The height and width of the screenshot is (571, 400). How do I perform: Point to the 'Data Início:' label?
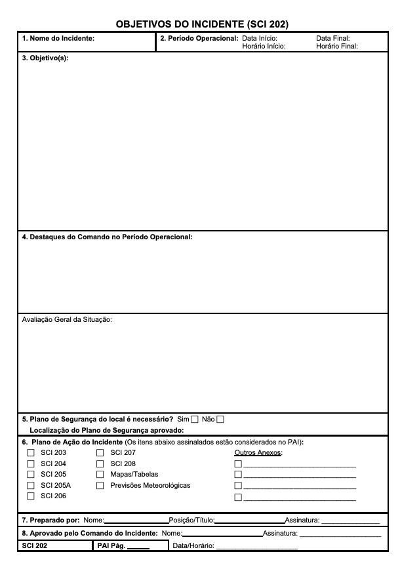point(260,39)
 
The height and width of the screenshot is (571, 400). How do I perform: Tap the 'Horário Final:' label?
point(336,47)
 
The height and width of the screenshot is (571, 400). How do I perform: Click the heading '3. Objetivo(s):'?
point(45,58)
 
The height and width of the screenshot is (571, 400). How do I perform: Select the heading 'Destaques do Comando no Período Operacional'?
point(108,237)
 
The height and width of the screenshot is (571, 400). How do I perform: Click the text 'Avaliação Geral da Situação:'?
point(67,320)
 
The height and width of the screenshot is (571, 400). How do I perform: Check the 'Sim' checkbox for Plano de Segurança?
point(194,420)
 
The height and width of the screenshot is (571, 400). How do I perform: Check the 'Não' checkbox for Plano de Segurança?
point(220,420)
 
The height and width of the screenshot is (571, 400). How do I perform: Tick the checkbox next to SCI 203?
point(30,453)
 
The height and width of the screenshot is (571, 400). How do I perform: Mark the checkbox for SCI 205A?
point(30,486)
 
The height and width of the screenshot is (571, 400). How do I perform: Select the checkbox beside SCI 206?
point(30,497)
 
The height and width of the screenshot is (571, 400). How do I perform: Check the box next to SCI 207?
point(100,453)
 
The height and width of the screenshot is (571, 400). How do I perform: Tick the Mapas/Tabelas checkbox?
point(100,475)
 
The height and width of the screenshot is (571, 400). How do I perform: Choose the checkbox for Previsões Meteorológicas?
point(100,486)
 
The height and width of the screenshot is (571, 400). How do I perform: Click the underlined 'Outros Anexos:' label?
point(258,453)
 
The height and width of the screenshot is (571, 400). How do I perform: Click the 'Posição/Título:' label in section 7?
point(191,521)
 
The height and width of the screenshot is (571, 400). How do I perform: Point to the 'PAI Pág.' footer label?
point(111,545)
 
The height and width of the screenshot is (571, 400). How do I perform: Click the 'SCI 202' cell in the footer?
point(35,545)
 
